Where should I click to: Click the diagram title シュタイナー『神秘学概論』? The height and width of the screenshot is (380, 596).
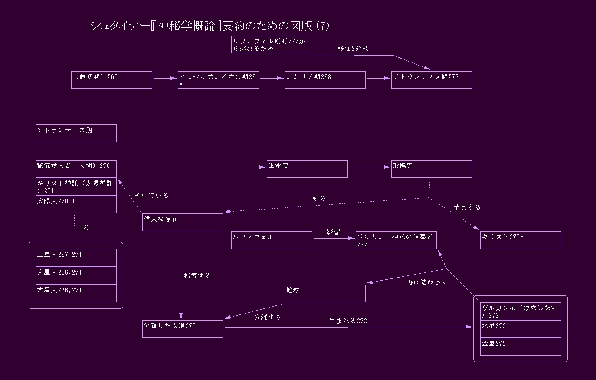click(x=210, y=26)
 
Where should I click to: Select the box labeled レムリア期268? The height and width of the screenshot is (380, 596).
click(x=325, y=80)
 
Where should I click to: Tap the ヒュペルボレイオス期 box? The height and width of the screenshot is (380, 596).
click(x=218, y=80)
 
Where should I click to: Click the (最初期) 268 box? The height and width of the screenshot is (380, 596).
click(x=111, y=80)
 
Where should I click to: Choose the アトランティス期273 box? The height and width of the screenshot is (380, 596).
click(x=432, y=80)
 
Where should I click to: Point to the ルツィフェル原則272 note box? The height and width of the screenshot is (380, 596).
click(x=272, y=45)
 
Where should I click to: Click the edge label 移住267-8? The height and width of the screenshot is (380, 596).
click(x=353, y=49)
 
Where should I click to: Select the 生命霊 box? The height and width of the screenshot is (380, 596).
click(x=307, y=169)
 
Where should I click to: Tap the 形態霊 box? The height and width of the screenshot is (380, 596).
click(x=432, y=169)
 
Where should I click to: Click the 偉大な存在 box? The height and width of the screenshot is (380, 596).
click(x=183, y=222)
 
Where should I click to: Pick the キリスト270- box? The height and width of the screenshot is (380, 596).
click(x=521, y=240)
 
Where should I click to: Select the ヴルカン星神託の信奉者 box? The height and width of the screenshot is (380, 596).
click(x=396, y=240)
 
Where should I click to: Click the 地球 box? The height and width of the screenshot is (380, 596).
click(x=325, y=293)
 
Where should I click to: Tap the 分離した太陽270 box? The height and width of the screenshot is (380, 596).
click(x=183, y=329)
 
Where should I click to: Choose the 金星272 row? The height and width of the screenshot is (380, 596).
click(x=521, y=347)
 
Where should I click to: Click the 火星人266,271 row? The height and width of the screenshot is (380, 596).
click(x=76, y=275)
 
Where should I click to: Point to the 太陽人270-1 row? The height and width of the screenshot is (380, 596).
click(x=76, y=204)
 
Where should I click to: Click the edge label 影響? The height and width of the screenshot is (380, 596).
click(x=333, y=232)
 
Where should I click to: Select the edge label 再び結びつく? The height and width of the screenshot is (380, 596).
click(x=427, y=282)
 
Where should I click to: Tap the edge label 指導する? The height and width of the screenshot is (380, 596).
click(x=197, y=275)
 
